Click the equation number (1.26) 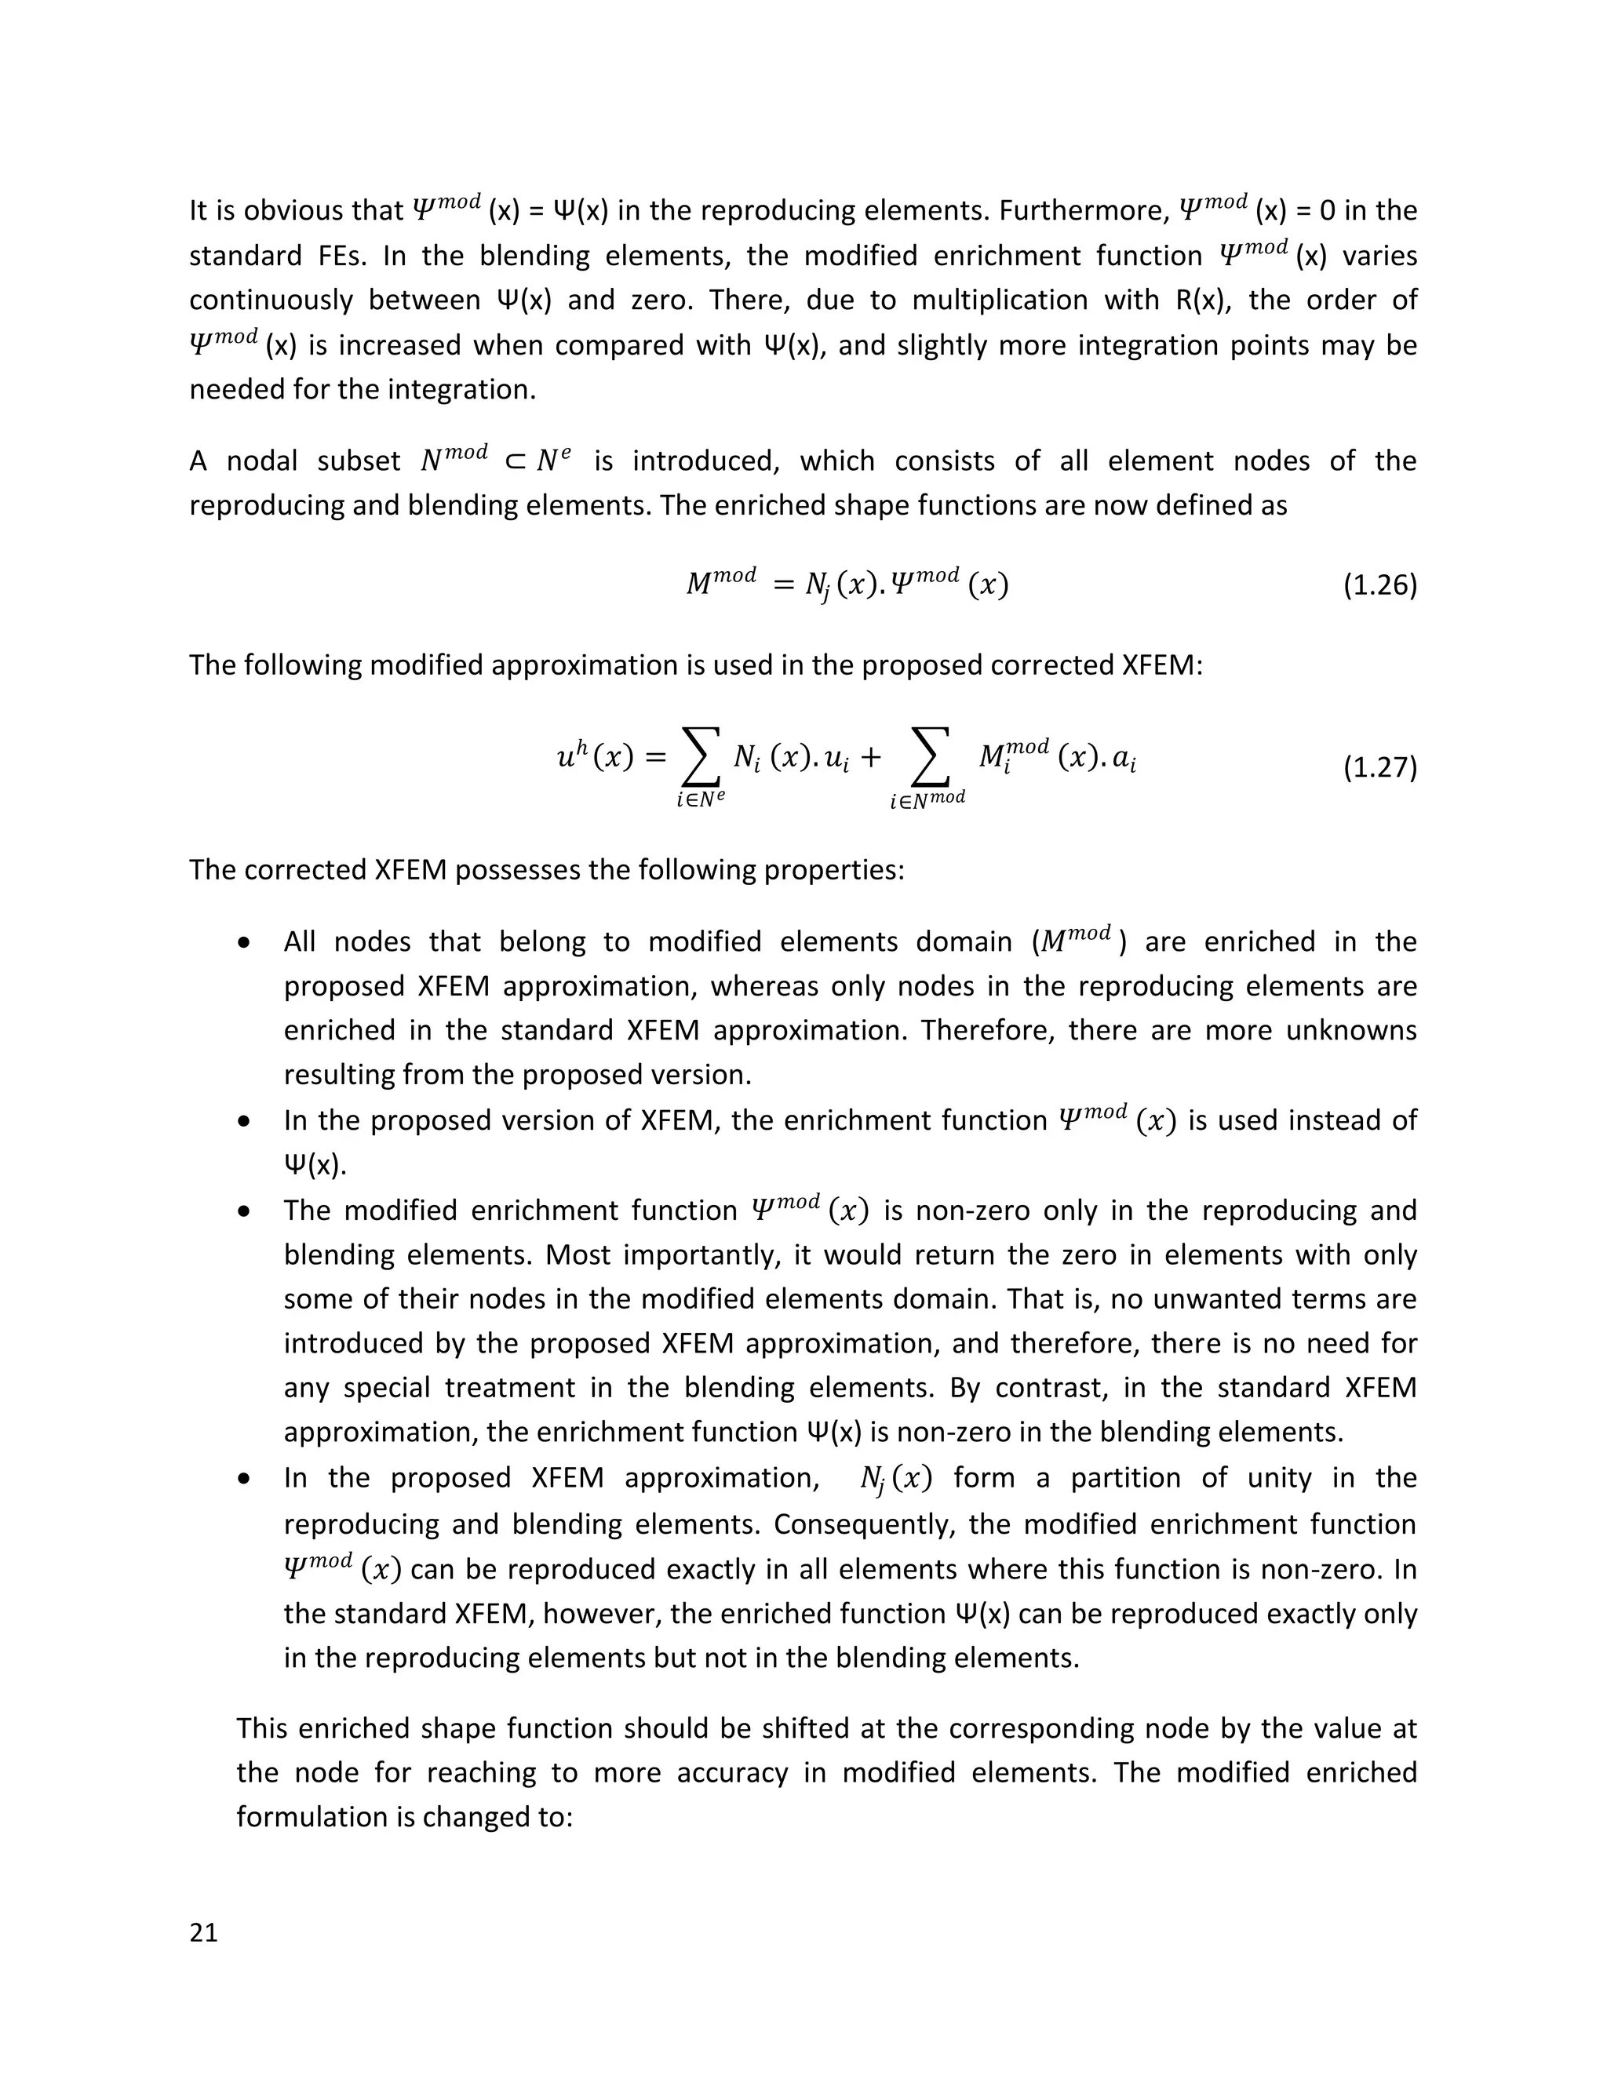(x=1379, y=585)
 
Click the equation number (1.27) (x=1379, y=767)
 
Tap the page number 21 (x=204, y=1932)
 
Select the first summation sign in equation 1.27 (x=700, y=758)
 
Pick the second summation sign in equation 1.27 (x=927, y=758)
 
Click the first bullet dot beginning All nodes (x=245, y=943)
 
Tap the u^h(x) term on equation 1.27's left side (x=594, y=758)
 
